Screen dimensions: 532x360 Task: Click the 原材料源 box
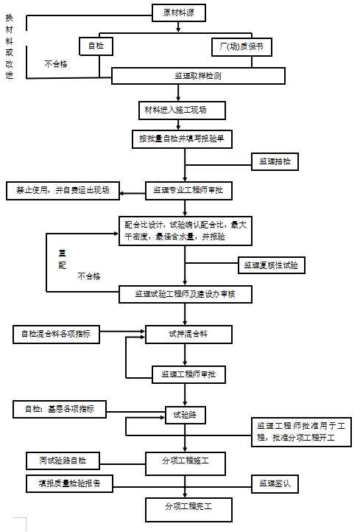[x=179, y=13]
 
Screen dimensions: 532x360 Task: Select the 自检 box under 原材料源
[x=96, y=46]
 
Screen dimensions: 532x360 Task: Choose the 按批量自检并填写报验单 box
[x=182, y=137]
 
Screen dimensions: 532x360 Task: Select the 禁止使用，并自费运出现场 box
[x=63, y=189]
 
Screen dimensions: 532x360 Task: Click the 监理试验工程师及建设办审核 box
[x=186, y=294]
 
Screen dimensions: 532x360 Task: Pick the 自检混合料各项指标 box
[x=56, y=334]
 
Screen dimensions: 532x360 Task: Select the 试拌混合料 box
[x=188, y=334]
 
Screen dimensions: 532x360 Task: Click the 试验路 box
[x=185, y=415]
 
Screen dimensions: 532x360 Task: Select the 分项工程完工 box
[x=188, y=508]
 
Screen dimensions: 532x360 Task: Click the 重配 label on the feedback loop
[x=63, y=257]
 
